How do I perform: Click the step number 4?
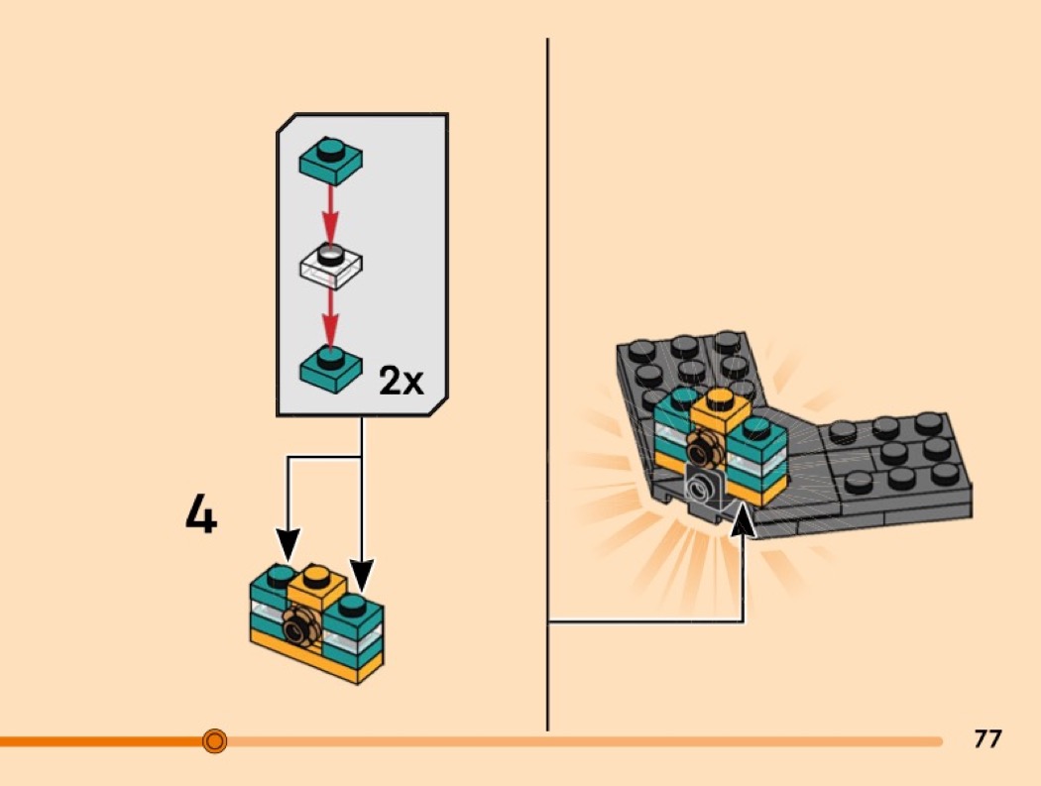tap(201, 515)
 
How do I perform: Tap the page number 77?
tap(987, 738)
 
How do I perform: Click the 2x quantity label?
tap(401, 381)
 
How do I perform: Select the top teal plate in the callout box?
tap(331, 160)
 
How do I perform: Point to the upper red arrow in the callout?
tap(331, 208)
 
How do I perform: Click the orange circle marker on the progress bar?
tap(214, 740)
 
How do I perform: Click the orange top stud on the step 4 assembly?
tap(316, 575)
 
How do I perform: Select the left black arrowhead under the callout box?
tap(288, 543)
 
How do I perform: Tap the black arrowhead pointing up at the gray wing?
tap(743, 519)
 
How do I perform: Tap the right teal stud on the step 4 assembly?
tap(353, 603)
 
